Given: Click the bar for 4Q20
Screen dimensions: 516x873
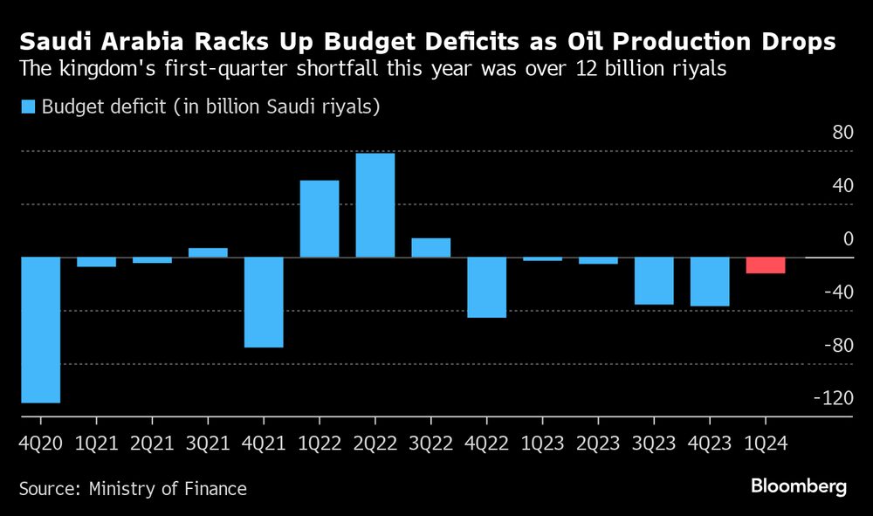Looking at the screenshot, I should [x=40, y=330].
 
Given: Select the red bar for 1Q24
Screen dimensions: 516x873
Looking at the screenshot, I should [x=766, y=265].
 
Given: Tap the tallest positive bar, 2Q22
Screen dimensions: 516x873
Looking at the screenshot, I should [x=375, y=205].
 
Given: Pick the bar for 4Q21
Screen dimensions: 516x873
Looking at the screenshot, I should [x=264, y=302].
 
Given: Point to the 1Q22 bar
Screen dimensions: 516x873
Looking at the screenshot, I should [x=320, y=219].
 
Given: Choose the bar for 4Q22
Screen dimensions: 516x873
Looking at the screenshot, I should [x=487, y=287].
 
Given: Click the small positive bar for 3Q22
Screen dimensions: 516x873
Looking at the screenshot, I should [x=431, y=248].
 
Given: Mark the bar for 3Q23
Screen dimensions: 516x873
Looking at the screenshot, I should [x=654, y=281].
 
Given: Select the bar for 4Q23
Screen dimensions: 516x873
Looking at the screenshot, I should [x=710, y=282].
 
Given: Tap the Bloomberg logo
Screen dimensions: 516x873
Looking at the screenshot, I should [x=799, y=487].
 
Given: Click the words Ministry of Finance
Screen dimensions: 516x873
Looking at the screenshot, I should [x=168, y=489].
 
